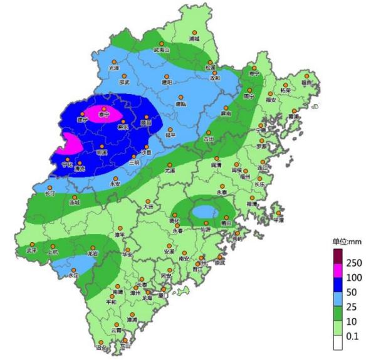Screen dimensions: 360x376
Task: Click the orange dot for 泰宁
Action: point(104,107)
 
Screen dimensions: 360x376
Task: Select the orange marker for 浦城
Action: point(194,32)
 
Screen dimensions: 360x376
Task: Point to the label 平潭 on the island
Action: point(278,220)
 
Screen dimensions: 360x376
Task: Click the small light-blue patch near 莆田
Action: point(202,212)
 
